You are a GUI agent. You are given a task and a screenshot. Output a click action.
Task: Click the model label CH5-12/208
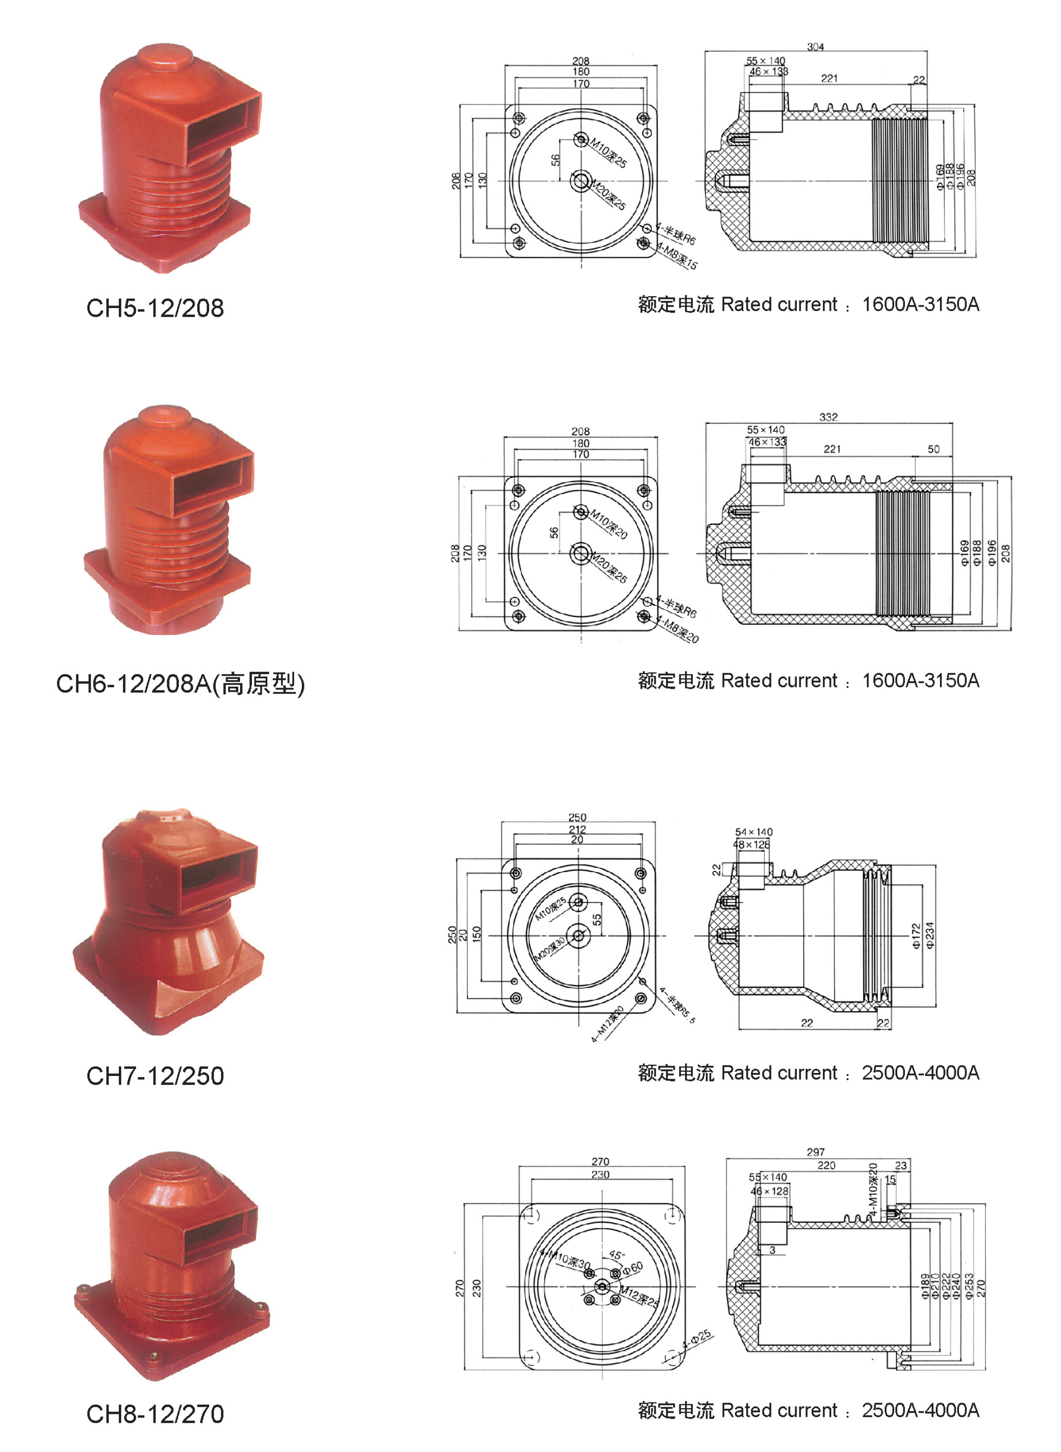tap(155, 308)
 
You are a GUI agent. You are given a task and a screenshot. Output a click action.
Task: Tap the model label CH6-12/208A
tap(180, 684)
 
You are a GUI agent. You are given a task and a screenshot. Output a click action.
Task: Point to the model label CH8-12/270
tap(155, 1413)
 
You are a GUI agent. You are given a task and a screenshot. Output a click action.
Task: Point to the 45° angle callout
tap(617, 1255)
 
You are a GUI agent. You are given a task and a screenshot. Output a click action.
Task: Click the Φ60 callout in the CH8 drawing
tap(632, 1268)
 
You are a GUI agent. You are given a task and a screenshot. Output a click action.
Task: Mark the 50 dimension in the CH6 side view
tap(933, 450)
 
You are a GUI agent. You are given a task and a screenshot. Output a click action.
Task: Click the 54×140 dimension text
tap(754, 832)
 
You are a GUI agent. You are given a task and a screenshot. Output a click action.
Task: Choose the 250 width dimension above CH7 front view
tap(577, 817)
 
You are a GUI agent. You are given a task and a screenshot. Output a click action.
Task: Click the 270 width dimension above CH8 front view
tap(600, 1161)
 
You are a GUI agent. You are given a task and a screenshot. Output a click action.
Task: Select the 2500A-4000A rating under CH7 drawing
tap(920, 1072)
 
